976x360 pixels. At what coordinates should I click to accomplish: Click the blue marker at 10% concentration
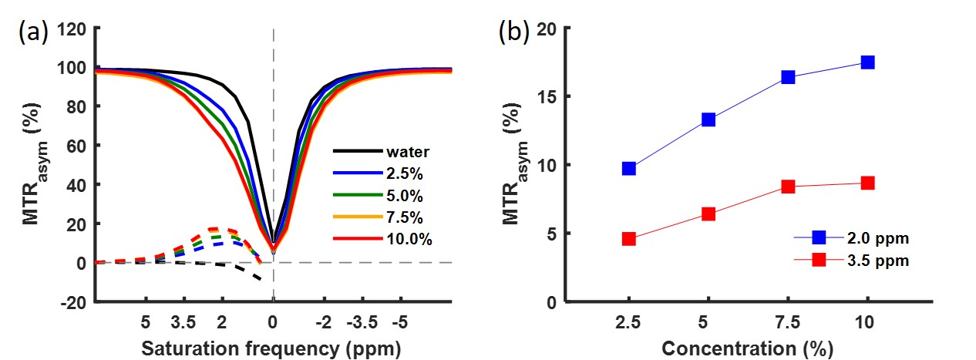point(867,62)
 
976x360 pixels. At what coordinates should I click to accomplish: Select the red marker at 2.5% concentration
point(629,239)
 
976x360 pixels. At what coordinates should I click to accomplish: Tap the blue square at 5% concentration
point(708,119)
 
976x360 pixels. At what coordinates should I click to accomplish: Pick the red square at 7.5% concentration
point(788,187)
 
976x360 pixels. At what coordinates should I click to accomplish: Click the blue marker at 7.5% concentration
point(788,77)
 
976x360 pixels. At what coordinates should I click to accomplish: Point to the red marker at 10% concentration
point(867,183)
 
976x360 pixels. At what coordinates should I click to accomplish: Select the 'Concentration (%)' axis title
point(747,348)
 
